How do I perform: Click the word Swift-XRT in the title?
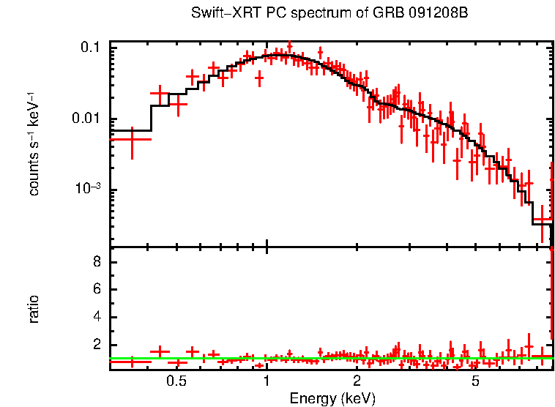tap(219, 13)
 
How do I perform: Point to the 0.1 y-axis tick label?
tap(90, 47)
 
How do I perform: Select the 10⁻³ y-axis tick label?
tap(89, 189)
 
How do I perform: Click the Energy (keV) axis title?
tap(332, 397)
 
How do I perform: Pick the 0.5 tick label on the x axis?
tap(176, 381)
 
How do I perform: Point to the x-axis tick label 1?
tap(267, 381)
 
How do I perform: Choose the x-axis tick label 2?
tap(357, 381)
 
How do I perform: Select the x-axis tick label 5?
tap(475, 381)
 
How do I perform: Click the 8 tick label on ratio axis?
tap(96, 262)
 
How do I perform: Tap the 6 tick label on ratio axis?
tap(96, 290)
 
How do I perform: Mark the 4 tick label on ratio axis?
tap(96, 317)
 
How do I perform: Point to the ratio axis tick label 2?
tap(96, 345)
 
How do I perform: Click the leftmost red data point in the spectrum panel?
tap(131, 138)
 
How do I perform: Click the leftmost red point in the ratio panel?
tap(131, 360)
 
